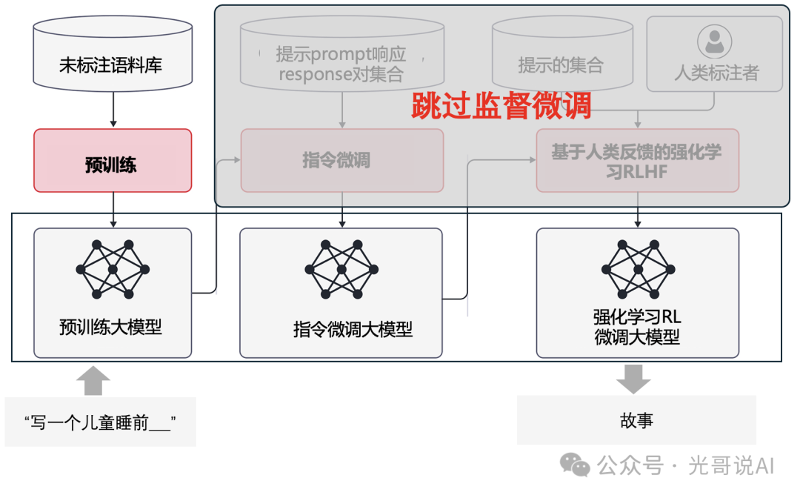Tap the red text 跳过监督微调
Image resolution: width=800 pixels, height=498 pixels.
(501, 106)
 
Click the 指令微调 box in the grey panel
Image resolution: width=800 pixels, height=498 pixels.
(341, 160)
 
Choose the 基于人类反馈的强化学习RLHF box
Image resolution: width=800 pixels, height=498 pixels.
(637, 160)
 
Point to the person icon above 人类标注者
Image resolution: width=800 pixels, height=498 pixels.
(714, 41)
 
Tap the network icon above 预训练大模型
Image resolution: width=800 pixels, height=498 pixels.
(113, 269)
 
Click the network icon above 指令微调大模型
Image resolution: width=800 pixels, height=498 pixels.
(341, 269)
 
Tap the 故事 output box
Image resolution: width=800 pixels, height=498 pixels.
(636, 420)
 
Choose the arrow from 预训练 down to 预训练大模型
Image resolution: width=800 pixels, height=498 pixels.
(113, 209)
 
